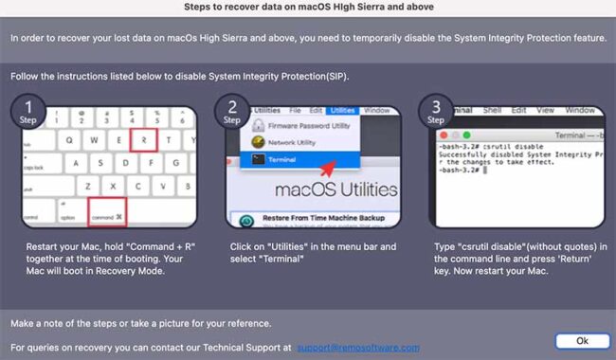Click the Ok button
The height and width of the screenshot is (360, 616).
(x=581, y=340)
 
